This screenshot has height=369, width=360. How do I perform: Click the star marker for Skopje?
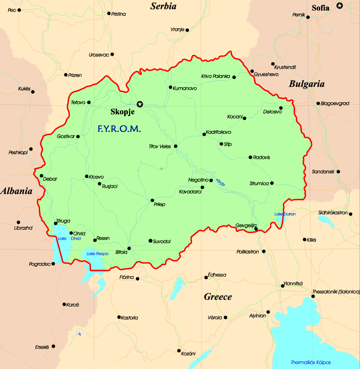(x=140, y=104)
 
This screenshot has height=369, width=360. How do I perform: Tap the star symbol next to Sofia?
(x=340, y=5)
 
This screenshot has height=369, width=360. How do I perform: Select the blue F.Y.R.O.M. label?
(x=119, y=129)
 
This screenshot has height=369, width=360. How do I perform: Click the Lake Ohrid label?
(x=64, y=238)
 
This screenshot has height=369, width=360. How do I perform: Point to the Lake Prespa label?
(x=97, y=254)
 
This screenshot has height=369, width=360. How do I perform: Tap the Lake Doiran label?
(x=285, y=214)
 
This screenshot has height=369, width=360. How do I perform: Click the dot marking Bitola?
(x=129, y=248)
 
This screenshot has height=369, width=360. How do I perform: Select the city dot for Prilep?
(x=152, y=200)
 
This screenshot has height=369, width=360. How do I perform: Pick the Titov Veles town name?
(x=160, y=146)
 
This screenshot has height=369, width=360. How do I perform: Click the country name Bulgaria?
(x=306, y=84)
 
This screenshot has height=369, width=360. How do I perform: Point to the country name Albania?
(x=16, y=191)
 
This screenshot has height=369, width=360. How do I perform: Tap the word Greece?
(x=218, y=297)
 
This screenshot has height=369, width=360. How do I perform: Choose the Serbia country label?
(x=163, y=6)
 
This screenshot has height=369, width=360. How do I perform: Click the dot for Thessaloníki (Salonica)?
(x=313, y=296)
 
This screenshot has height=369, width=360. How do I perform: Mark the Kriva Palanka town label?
(x=215, y=76)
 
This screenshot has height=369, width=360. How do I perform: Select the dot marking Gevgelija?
(x=256, y=229)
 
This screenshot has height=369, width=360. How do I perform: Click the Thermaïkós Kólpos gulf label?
(x=311, y=362)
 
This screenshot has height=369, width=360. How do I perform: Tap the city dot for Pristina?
(x=109, y=14)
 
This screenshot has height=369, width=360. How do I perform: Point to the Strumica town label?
(x=259, y=183)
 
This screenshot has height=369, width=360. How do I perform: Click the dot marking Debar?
(x=42, y=175)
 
